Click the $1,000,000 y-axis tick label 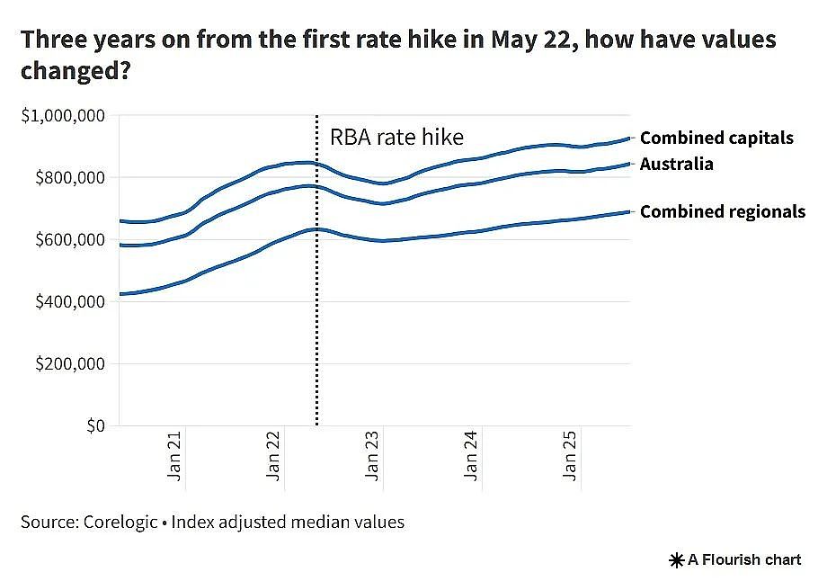point(63,115)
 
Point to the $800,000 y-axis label point(70,177)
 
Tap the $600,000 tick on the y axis point(70,239)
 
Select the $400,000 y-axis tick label point(70,302)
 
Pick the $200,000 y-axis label point(70,364)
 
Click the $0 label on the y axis point(96,426)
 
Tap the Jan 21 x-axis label point(174,456)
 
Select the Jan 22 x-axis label point(273,456)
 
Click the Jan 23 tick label point(372,456)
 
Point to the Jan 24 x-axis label point(471,456)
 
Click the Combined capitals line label point(716,139)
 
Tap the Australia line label point(677,164)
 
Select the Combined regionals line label point(723,212)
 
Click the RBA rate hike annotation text point(396,137)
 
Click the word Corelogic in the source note point(120,522)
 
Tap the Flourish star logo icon point(677,560)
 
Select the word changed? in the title point(76,70)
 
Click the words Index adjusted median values point(288,522)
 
